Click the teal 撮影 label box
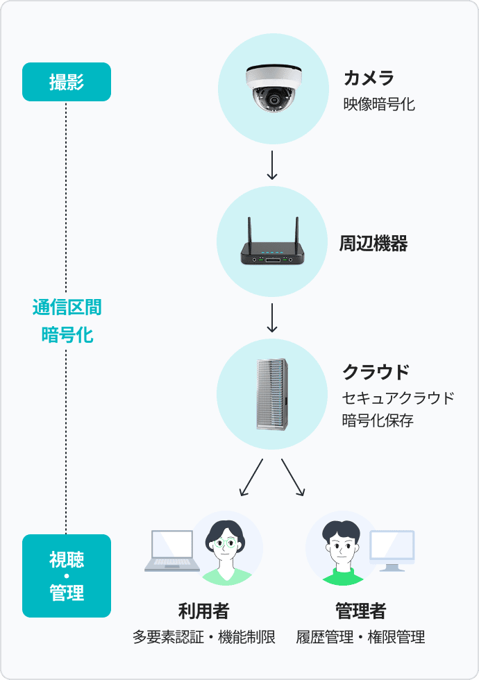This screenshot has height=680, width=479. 67,82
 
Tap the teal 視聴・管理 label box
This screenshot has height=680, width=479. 67,576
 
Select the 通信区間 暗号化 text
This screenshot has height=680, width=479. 67,321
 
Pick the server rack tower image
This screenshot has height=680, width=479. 272,393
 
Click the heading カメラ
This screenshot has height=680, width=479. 369,77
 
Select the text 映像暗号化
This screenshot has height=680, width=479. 379,105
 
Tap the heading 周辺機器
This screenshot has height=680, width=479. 373,244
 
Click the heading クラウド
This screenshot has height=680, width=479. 376,372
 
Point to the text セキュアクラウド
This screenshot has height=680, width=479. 398,398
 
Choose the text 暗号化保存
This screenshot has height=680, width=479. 378,420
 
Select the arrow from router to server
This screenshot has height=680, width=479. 272,318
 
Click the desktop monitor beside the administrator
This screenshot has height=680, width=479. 392,550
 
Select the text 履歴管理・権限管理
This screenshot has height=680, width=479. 360,637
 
